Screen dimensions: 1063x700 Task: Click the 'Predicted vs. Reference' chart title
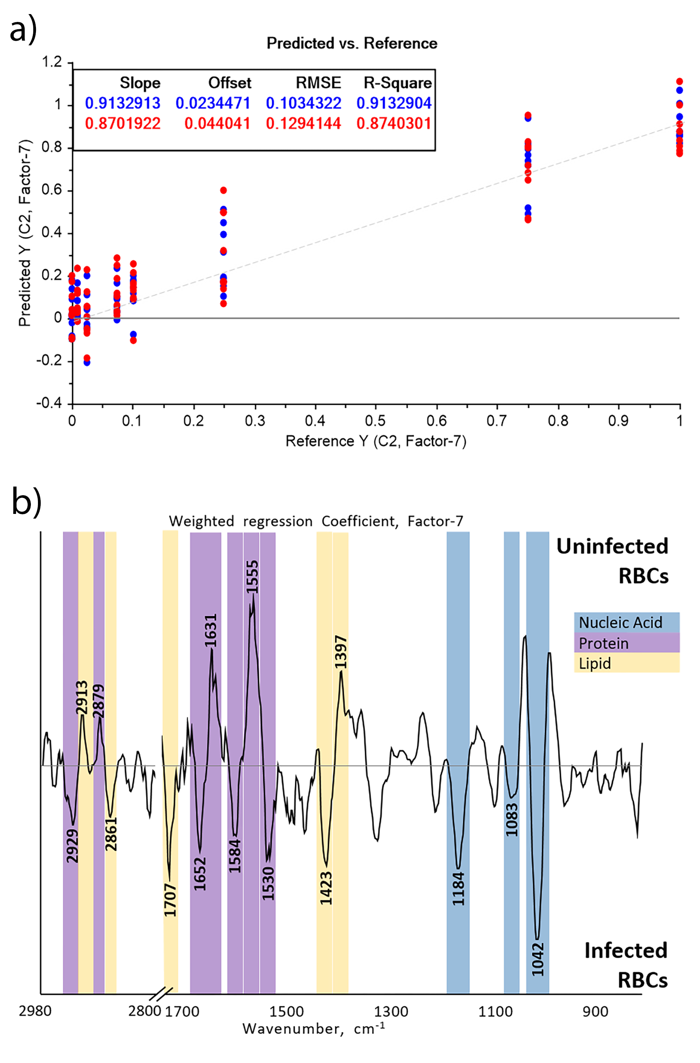tap(352, 43)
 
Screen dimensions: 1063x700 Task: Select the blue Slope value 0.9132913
tap(122, 103)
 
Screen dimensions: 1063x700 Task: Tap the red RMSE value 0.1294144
tap(303, 123)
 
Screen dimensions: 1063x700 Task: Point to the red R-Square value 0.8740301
tap(394, 123)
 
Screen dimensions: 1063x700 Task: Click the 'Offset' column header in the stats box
tap(230, 83)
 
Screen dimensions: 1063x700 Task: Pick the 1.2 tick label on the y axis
tap(52, 62)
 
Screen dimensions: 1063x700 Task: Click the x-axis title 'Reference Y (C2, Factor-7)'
tap(376, 441)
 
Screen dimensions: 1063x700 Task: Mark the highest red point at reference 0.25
tap(224, 191)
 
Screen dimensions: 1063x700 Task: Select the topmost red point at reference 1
tap(679, 81)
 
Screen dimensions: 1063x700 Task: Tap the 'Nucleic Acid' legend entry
tap(621, 623)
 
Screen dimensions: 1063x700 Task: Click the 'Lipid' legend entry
tap(594, 664)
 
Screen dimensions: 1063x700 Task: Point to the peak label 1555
tap(253, 576)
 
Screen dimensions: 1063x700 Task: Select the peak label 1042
tap(538, 959)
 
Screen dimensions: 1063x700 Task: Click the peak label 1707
tap(170, 900)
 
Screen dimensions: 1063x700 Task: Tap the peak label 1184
tap(459, 889)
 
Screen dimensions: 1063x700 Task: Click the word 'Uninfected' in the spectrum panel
tap(612, 546)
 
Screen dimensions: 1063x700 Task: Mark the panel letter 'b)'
tap(26, 501)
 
